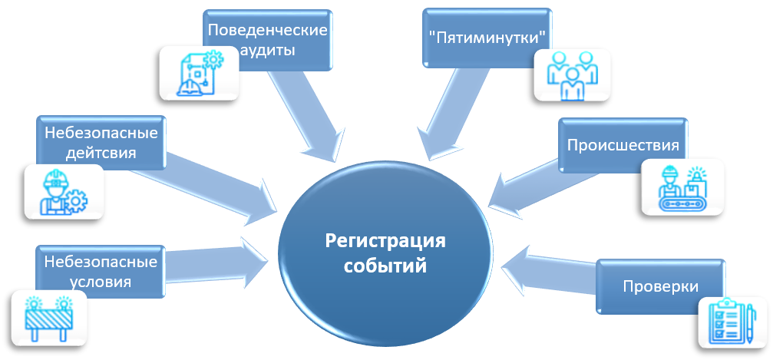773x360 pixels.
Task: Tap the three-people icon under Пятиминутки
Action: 572,75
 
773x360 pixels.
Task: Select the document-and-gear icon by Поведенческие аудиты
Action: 198,72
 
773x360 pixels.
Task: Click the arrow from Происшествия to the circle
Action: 523,185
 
